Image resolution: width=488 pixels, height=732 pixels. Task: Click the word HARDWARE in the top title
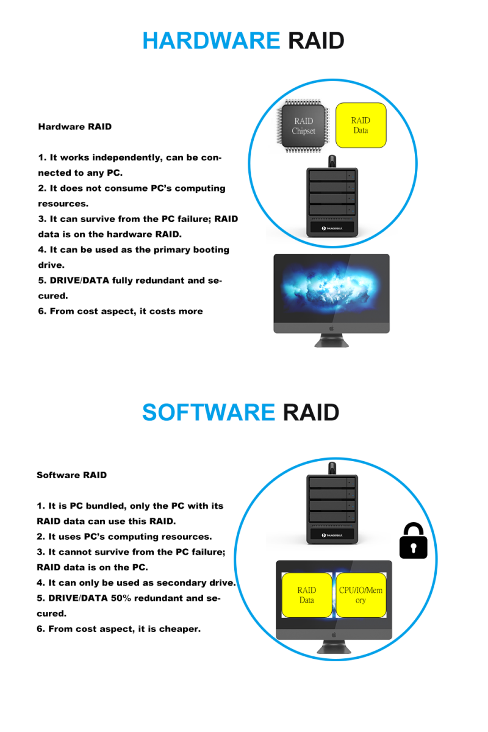[210, 41]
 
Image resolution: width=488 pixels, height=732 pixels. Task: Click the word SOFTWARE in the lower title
[209, 412]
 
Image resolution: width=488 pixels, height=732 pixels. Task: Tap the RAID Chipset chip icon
[303, 126]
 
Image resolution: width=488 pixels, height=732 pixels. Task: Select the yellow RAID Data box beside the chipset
[361, 125]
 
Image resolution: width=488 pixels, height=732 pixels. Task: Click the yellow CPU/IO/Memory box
[361, 595]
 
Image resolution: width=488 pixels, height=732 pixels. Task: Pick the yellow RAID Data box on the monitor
[306, 595]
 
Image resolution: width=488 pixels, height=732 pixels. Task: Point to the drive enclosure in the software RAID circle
[331, 510]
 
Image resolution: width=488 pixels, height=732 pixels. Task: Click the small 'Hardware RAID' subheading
[75, 127]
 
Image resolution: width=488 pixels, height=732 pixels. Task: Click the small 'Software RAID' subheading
[71, 475]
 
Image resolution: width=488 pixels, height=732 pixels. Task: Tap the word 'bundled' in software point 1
[107, 506]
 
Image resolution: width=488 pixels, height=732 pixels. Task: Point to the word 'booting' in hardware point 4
[209, 249]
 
